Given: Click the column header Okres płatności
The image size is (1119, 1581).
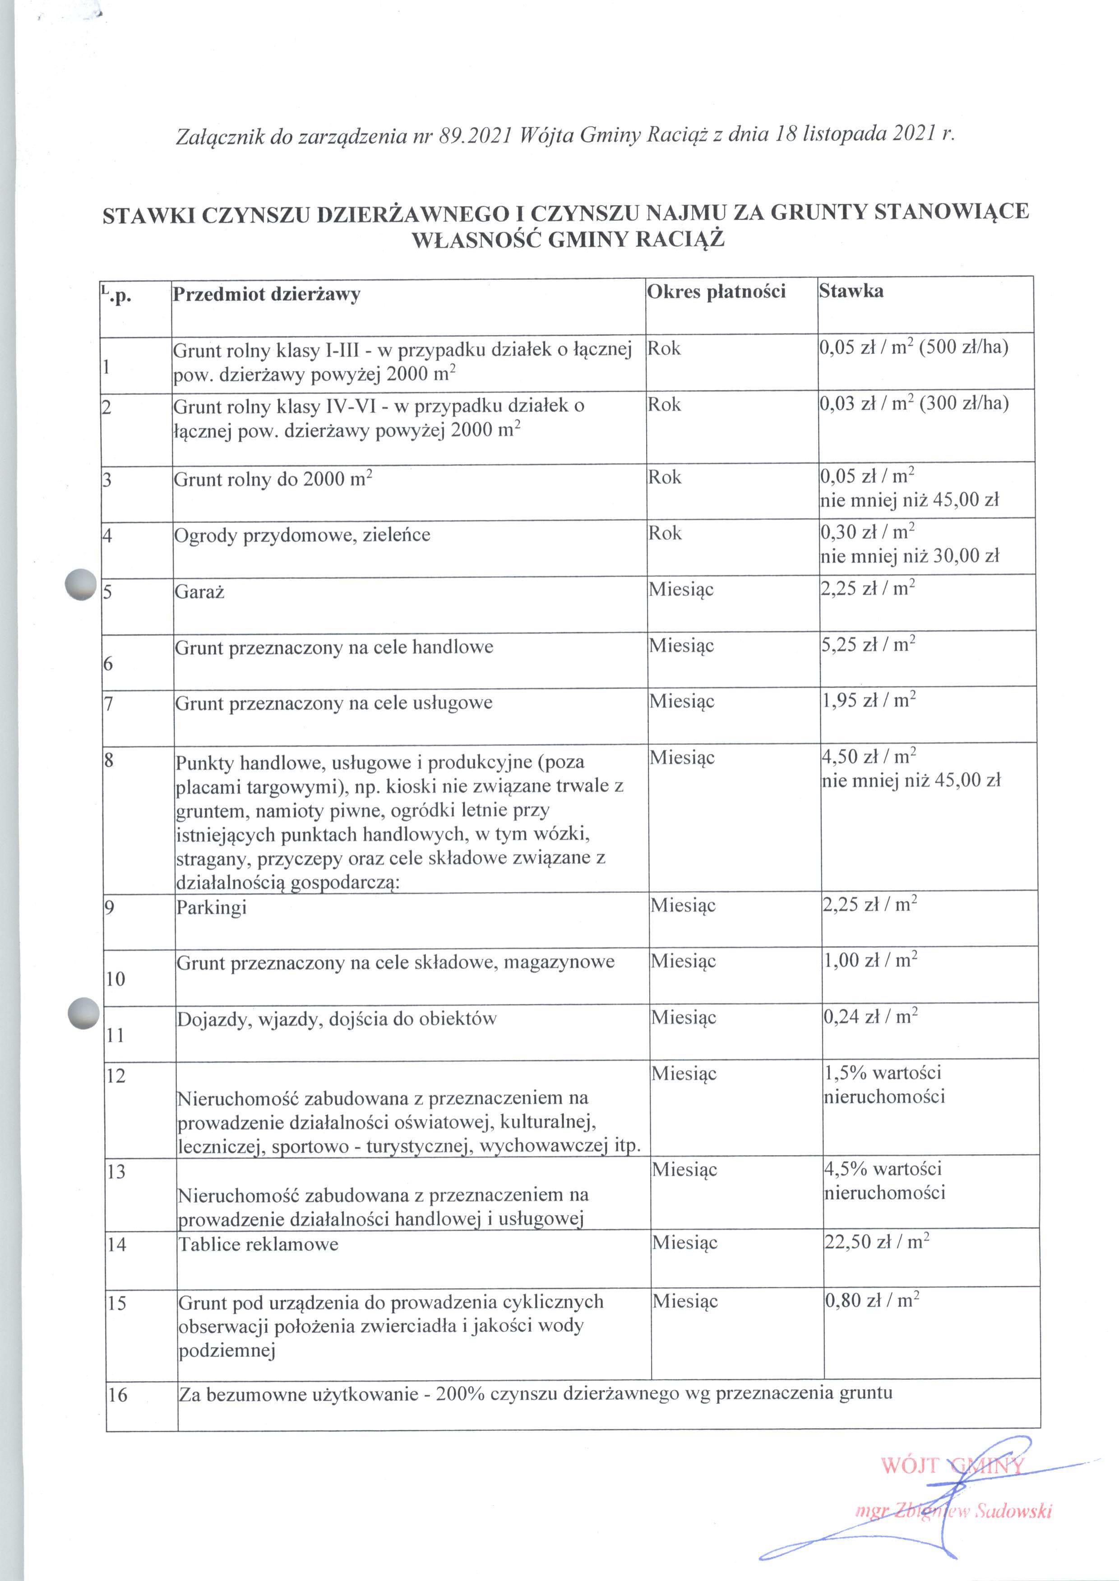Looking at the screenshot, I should [x=716, y=291].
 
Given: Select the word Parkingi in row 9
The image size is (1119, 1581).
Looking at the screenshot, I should [x=211, y=907].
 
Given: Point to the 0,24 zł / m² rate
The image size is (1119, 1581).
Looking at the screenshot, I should [x=870, y=1017].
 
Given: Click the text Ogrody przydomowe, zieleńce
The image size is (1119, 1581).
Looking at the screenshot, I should [x=302, y=535].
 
